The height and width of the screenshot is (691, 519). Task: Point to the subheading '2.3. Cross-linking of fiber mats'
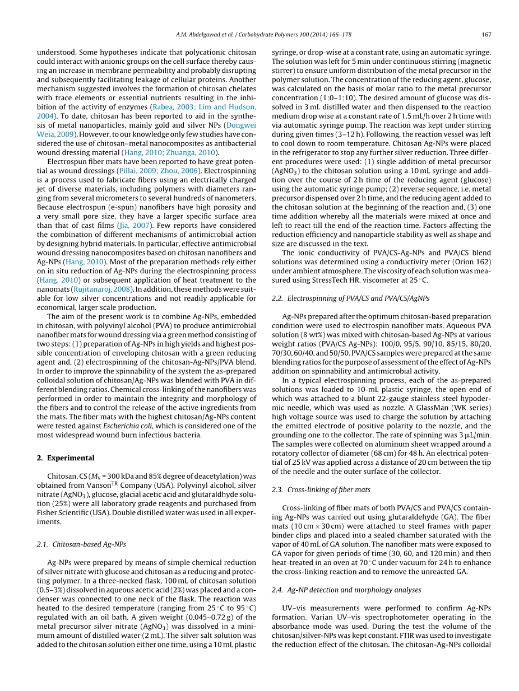click(x=321, y=489)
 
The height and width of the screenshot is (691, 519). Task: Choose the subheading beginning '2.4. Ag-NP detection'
click(x=346, y=590)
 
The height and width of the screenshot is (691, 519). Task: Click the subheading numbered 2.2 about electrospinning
click(x=350, y=298)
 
